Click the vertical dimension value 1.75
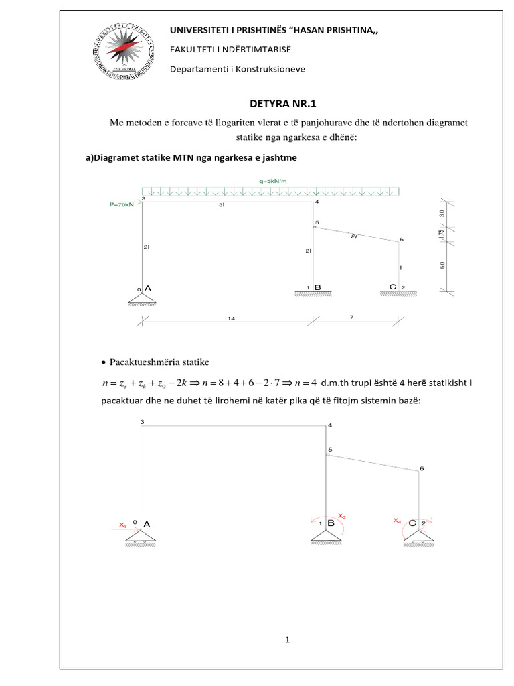(440, 232)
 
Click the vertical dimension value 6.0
(440, 265)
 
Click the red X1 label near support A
(122, 526)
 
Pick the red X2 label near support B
(341, 516)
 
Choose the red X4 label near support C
(398, 520)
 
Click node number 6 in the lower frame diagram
(421, 468)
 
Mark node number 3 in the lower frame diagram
(142, 422)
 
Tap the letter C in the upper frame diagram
(393, 287)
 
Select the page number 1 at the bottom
(286, 640)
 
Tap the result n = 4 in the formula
(299, 383)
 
